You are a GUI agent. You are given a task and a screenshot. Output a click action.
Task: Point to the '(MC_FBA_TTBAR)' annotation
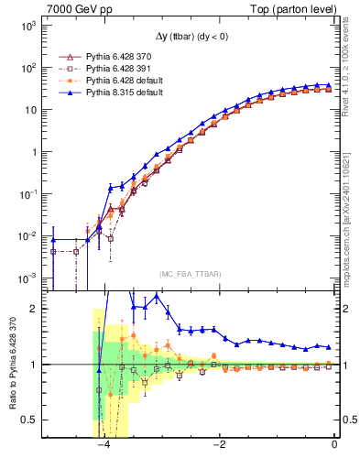190,274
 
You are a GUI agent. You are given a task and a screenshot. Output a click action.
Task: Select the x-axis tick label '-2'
219,444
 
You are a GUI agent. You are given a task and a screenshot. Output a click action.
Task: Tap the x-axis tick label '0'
334,444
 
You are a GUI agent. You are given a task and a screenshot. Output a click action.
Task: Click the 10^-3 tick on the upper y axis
27,278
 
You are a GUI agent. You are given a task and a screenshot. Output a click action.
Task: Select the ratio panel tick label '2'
36,310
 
